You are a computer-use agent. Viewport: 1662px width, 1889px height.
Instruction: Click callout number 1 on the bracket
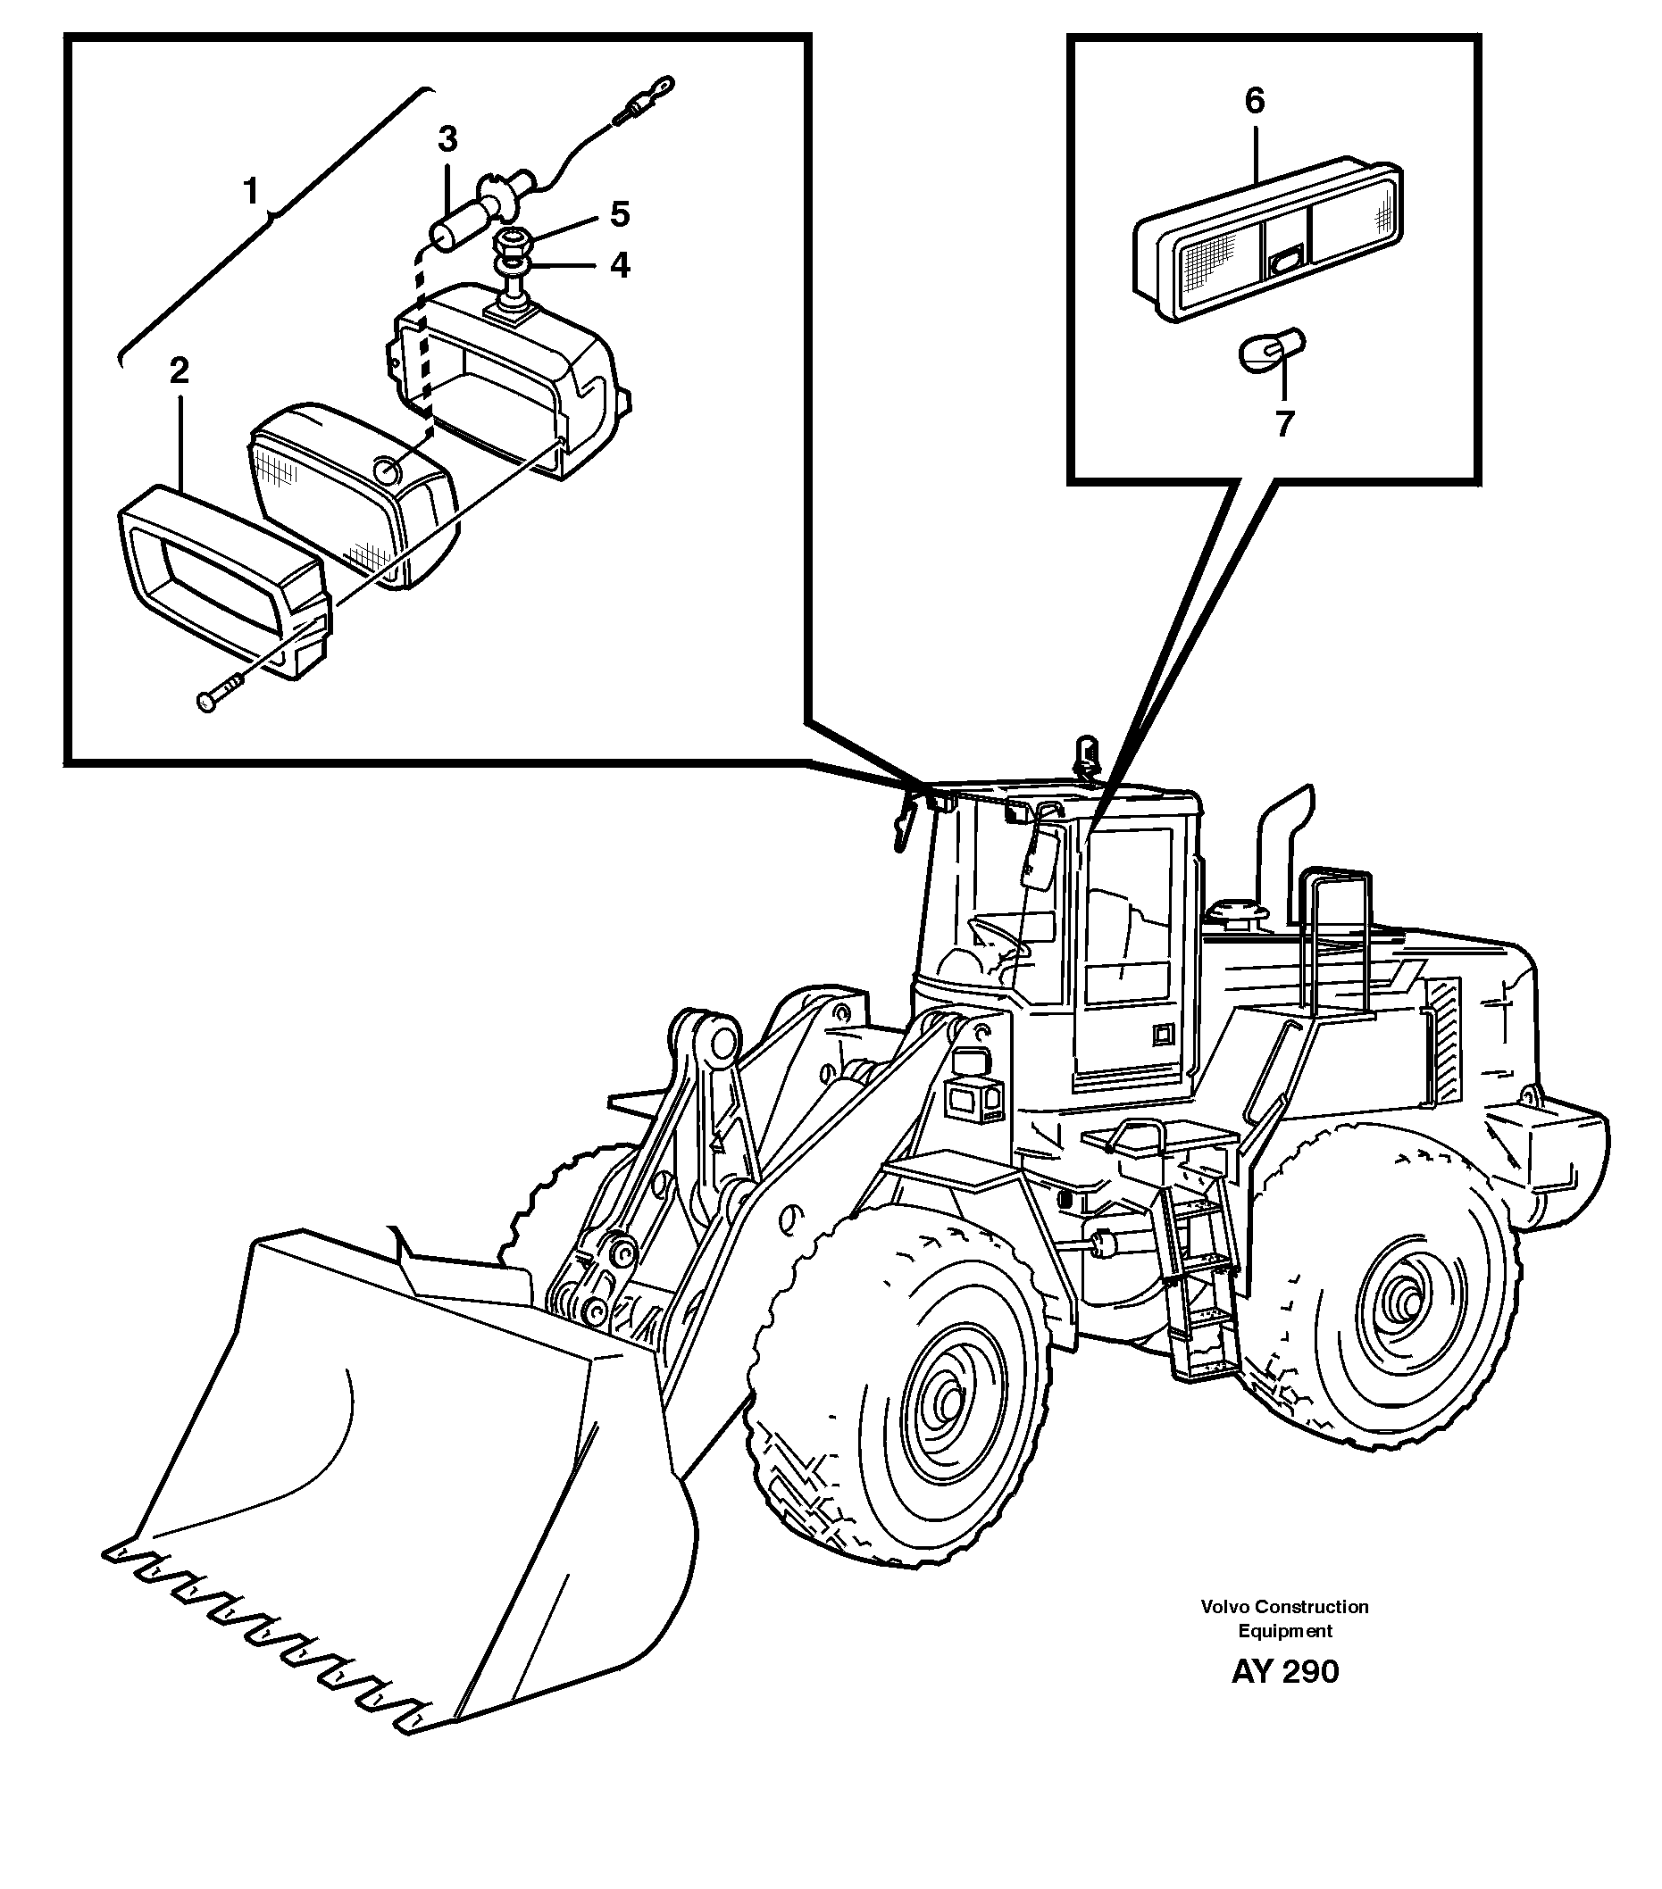249,191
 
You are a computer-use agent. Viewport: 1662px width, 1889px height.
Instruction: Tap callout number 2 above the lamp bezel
179,370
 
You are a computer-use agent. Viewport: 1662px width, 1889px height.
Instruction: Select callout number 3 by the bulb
447,139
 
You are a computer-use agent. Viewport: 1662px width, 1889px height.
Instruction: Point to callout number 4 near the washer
619,265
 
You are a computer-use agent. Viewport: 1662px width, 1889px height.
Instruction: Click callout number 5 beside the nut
619,214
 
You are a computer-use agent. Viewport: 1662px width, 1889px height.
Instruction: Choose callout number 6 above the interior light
1255,100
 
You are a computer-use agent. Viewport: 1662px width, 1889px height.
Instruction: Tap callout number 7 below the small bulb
1284,424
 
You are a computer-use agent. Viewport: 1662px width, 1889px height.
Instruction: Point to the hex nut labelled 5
511,245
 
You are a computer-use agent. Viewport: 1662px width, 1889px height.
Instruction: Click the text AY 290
1284,1672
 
